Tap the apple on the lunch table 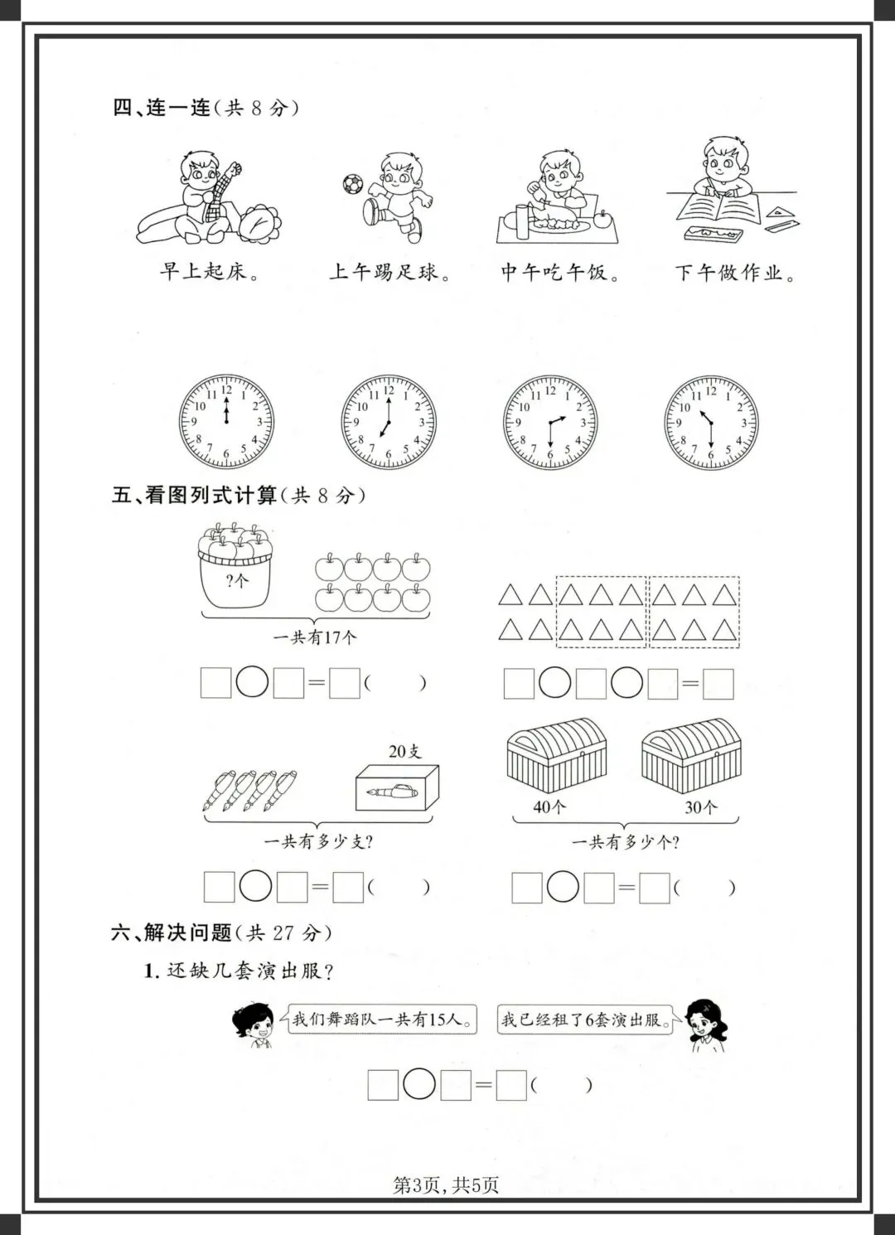tap(602, 219)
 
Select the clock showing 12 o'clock tap(226, 422)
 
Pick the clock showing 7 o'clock tap(389, 422)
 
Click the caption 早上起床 tap(209, 272)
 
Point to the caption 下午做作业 tap(734, 273)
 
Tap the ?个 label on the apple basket tap(236, 581)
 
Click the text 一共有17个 tap(315, 637)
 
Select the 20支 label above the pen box tap(404, 751)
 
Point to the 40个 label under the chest tap(549, 806)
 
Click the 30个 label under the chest tap(700, 806)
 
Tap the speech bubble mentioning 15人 tap(383, 1019)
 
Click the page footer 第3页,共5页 tap(446, 1185)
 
